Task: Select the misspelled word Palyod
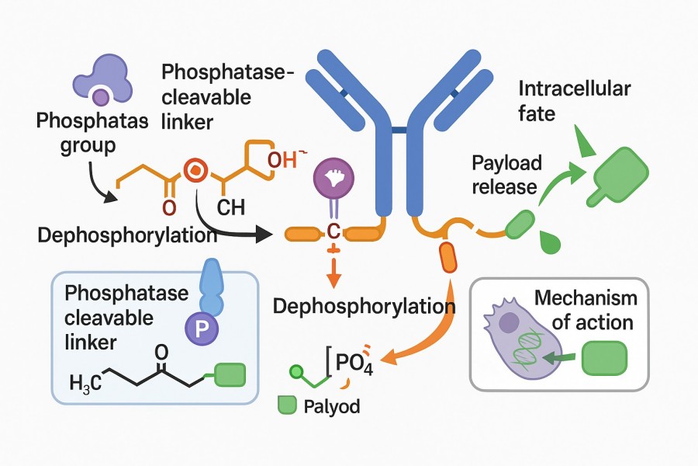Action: coord(331,406)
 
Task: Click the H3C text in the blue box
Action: coord(85,383)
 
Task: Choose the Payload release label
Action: coord(506,175)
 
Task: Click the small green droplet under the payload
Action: coord(549,242)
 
